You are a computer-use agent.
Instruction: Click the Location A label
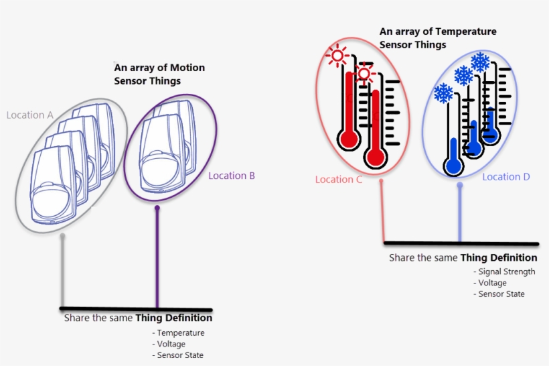click(x=29, y=115)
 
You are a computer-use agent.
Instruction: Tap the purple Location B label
click(x=232, y=176)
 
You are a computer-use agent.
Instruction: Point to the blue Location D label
click(x=506, y=177)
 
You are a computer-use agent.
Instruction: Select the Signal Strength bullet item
click(x=507, y=271)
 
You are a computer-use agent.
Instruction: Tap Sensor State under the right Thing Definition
click(x=501, y=294)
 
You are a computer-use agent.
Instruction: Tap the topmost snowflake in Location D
click(x=480, y=62)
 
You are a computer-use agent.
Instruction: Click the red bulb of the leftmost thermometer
click(x=349, y=139)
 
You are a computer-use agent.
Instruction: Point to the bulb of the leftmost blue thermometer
click(x=453, y=164)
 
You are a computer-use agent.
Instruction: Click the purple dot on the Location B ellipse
click(x=157, y=208)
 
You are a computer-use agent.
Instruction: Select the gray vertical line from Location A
click(x=63, y=271)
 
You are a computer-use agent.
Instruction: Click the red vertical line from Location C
click(x=382, y=211)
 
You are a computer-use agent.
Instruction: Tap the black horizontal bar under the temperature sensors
click(x=461, y=243)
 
